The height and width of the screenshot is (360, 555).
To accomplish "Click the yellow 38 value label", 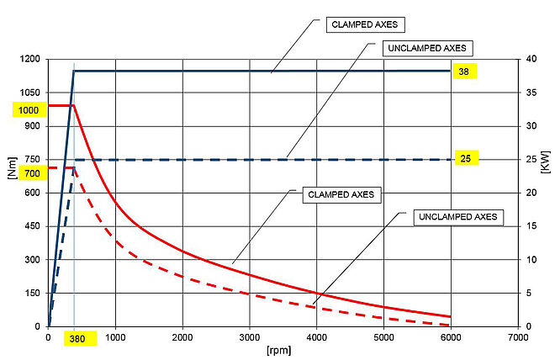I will coord(464,71).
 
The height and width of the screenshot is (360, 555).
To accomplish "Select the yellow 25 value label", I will coord(464,158).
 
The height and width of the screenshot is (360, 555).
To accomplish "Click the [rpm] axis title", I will coord(283,347).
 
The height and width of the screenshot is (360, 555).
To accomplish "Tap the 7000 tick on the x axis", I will coord(517,337).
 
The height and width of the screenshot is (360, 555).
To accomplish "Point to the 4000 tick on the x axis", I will coord(316,337).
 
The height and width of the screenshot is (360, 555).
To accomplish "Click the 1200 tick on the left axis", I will coord(30,60).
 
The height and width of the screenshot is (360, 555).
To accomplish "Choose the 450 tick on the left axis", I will coord(33,226).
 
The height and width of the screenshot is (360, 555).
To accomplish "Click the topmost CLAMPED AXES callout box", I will coord(364,24).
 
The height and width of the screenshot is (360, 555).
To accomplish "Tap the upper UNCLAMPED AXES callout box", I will coord(428,48).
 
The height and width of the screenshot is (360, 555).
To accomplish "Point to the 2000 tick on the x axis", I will coord(182,337).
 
